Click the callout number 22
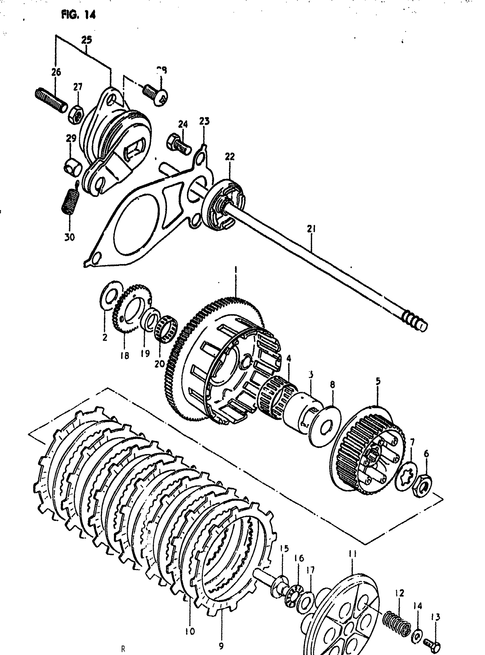pyautogui.click(x=230, y=157)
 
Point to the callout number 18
pyautogui.click(x=124, y=356)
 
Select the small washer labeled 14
pyautogui.click(x=418, y=626)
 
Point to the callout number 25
pyautogui.click(x=87, y=40)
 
